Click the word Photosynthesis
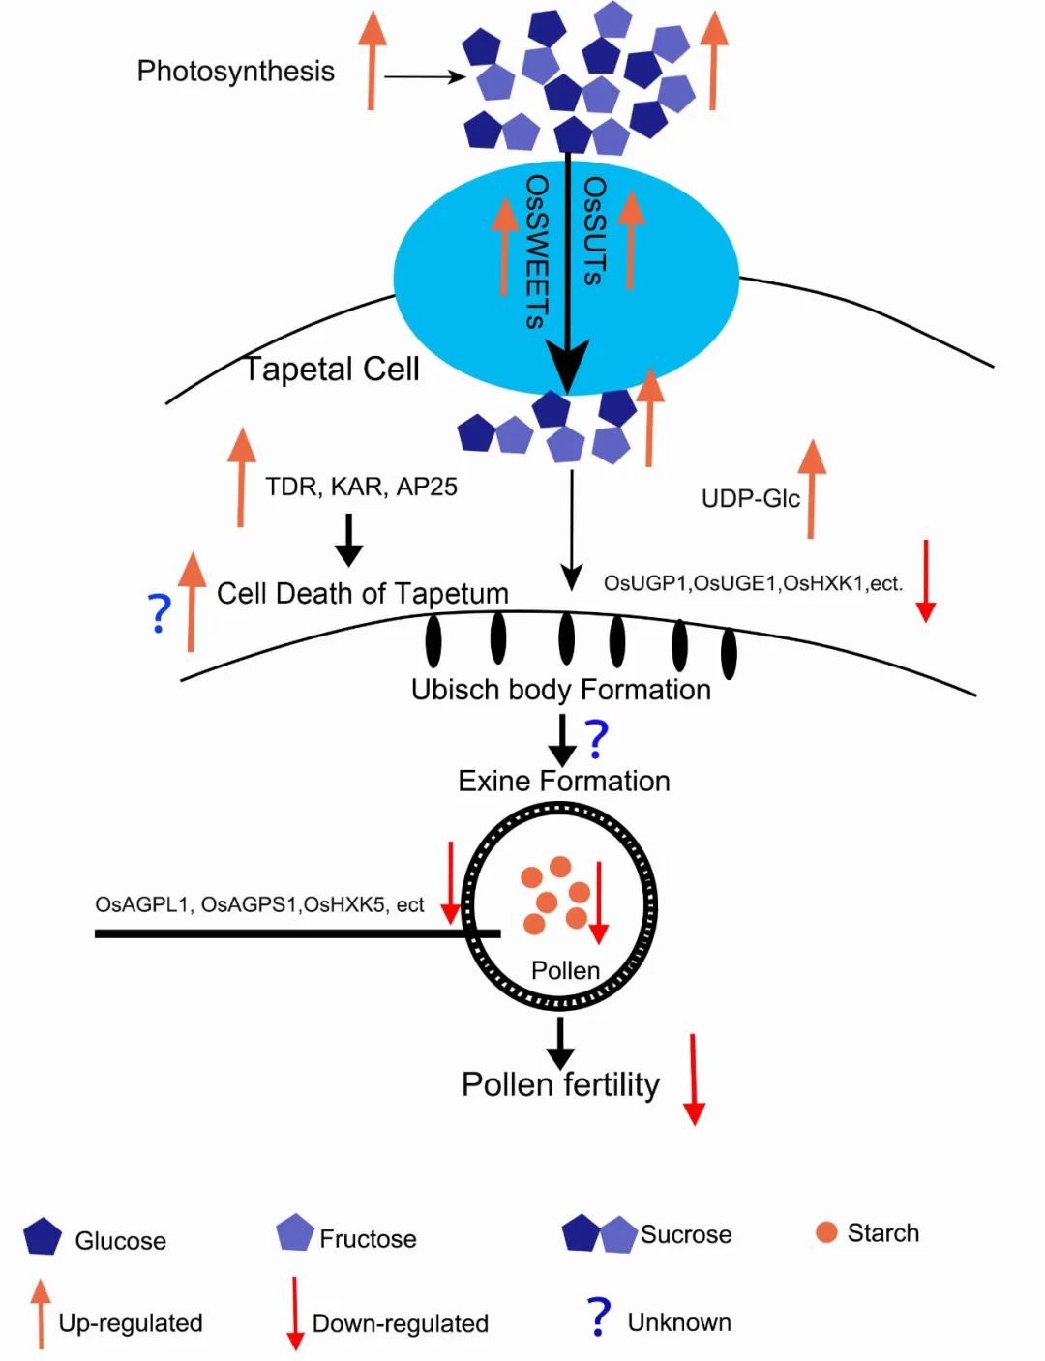point(235,72)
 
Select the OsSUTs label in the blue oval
point(593,230)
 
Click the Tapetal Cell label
point(331,370)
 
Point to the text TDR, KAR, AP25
point(361,487)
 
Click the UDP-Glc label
point(750,499)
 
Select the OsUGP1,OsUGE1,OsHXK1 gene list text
point(753,583)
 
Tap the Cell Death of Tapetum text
point(362,593)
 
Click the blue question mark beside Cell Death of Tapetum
point(160,612)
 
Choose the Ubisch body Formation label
point(560,690)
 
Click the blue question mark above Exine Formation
point(597,738)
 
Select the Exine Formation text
point(563,781)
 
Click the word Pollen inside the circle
point(565,970)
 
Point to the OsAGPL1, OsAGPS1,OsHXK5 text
point(259,904)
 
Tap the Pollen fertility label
point(560,1084)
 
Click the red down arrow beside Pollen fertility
point(694,1079)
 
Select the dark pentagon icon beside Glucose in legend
point(43,1236)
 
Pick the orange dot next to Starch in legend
point(826,1232)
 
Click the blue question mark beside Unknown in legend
point(599,1317)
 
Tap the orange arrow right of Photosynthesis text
point(372,60)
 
